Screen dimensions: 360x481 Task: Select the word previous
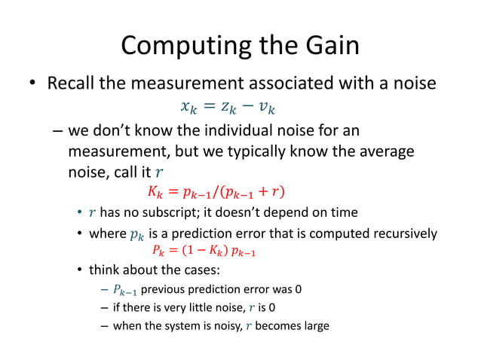pos(163,288)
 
